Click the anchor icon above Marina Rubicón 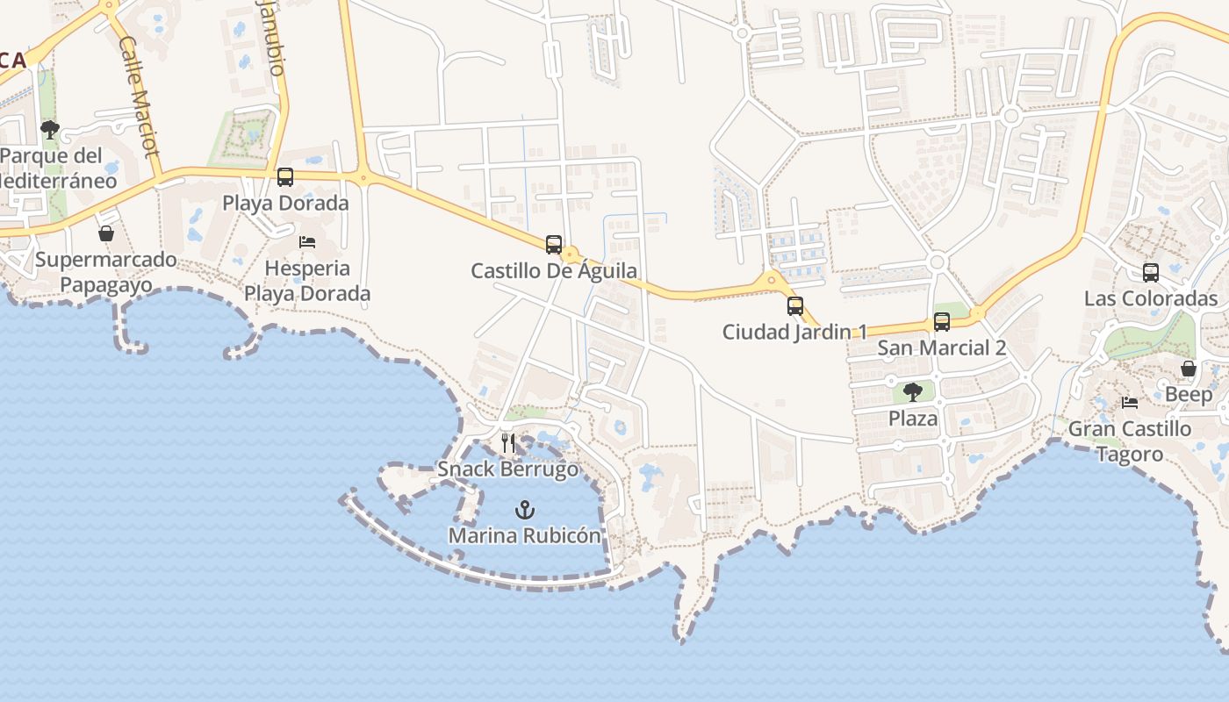[x=524, y=509]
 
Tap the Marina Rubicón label [x=525, y=535]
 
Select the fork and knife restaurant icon [x=508, y=443]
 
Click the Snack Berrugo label [x=508, y=469]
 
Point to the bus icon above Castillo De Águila [x=554, y=245]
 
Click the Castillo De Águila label [x=554, y=270]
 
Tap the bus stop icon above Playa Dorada [x=285, y=177]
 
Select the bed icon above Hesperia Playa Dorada [x=307, y=242]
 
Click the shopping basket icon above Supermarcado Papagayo [x=106, y=233]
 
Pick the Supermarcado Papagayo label [x=106, y=272]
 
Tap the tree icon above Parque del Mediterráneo [x=50, y=131]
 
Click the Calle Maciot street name [x=139, y=96]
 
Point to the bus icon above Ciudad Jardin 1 [x=795, y=306]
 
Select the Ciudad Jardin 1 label [x=794, y=332]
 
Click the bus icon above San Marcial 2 [x=942, y=322]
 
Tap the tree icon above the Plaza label [x=913, y=392]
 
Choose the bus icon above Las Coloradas [x=1151, y=273]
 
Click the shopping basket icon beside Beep [x=1189, y=369]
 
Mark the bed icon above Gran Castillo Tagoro [x=1130, y=403]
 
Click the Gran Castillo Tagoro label [x=1130, y=441]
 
